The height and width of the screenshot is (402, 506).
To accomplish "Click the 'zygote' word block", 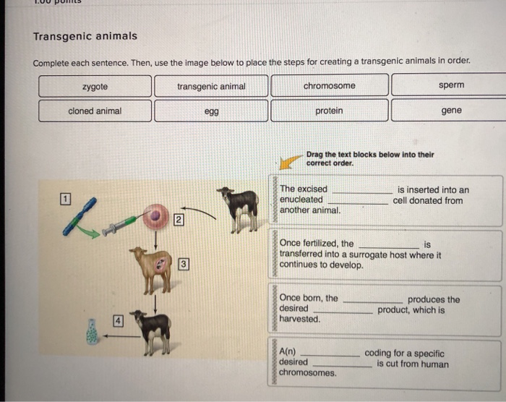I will [x=95, y=86].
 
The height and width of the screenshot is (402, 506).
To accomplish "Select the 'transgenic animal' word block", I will [x=211, y=86].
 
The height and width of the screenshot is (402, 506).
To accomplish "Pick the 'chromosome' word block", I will [x=329, y=85].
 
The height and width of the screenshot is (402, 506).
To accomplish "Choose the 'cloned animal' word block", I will [x=95, y=111].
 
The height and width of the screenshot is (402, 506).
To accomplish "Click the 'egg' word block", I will [x=211, y=111].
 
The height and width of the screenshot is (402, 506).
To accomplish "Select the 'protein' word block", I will [x=329, y=111].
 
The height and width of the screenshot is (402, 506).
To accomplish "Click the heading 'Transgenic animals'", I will [x=85, y=36].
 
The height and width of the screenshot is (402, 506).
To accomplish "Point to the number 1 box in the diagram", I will [x=65, y=198].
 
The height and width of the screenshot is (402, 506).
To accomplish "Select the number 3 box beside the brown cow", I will [x=184, y=264].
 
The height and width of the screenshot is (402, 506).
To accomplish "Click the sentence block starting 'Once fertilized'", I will [x=387, y=255].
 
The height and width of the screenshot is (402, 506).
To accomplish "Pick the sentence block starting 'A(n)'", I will [x=387, y=362].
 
